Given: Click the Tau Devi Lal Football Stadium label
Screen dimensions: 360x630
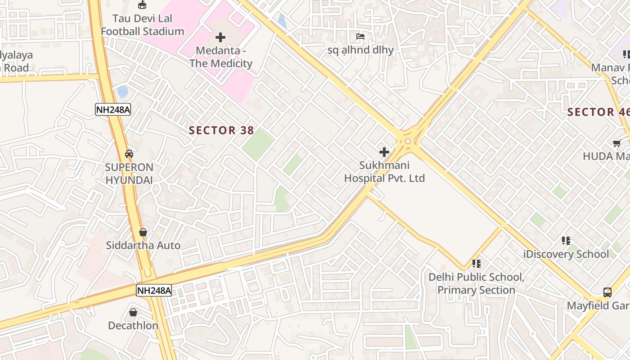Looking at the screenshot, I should click(x=142, y=25).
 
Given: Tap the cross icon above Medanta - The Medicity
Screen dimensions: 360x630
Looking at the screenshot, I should click(x=220, y=37).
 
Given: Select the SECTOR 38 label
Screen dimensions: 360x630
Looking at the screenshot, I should click(x=221, y=130).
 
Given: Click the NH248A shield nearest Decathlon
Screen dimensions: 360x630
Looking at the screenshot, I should click(x=154, y=291).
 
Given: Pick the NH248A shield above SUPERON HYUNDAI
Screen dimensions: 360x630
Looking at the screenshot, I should click(x=113, y=109).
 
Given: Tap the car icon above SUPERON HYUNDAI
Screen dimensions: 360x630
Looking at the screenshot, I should click(x=129, y=153).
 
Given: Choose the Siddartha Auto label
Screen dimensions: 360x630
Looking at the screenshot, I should click(x=143, y=245).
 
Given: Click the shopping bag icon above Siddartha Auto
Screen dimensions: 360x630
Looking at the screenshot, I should click(x=143, y=232).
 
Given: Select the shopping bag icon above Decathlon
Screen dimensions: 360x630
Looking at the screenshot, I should click(x=133, y=312).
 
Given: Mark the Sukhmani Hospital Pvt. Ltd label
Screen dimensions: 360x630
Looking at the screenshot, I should click(x=384, y=172).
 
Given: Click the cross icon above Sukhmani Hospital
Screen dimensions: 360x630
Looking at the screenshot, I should click(x=384, y=152).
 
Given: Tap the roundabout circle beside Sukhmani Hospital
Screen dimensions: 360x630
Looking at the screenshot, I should click(x=408, y=141).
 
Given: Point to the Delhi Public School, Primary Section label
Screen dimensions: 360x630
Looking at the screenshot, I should click(x=476, y=283).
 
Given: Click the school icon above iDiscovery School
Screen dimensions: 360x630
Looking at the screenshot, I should click(x=566, y=241).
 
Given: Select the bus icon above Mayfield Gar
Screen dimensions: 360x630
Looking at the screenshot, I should click(x=607, y=292).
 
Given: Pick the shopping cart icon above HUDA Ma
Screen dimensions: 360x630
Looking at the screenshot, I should click(x=616, y=143).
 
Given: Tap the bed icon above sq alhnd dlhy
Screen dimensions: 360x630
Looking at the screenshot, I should click(x=360, y=36).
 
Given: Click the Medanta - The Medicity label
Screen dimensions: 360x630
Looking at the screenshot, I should click(x=220, y=57).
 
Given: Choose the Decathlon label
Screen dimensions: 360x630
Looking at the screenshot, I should click(x=133, y=325).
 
